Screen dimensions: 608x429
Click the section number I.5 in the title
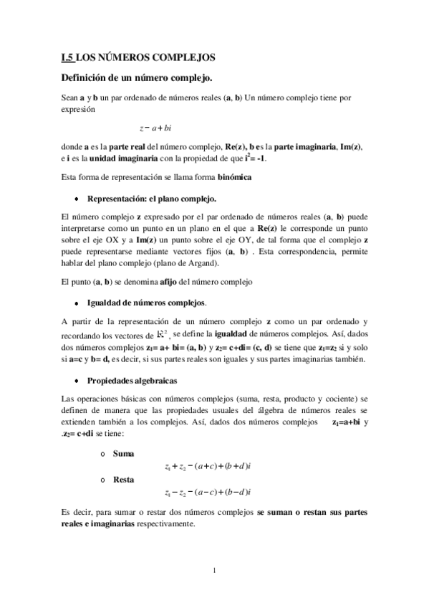(68, 57)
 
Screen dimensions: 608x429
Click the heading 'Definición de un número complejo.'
(130, 77)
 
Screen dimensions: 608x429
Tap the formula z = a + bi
(155, 128)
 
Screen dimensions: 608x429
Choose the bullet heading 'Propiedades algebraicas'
(132, 380)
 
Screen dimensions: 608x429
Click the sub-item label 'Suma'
(123, 454)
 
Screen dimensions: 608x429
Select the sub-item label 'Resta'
(124, 478)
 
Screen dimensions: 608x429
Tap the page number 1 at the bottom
(214, 571)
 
